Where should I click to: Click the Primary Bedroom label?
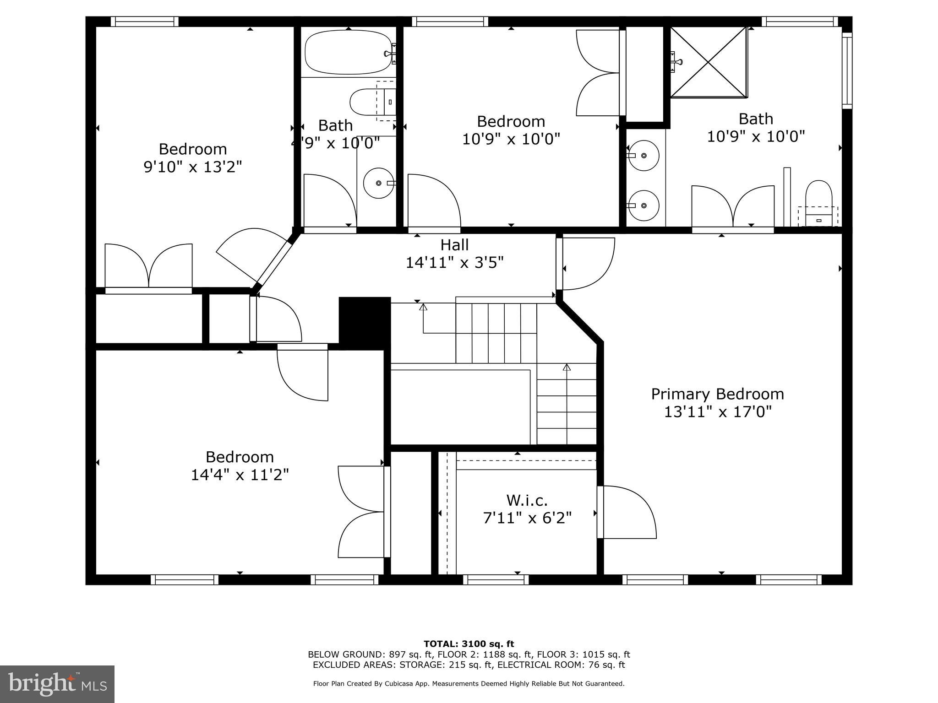pos(717,394)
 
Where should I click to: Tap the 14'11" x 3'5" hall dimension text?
pos(454,263)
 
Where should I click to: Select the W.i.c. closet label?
pos(527,500)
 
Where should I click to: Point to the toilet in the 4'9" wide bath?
pos(369,102)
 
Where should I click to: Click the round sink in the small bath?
pos(379,183)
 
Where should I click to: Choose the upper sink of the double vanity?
pos(643,156)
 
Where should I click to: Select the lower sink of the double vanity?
pos(643,205)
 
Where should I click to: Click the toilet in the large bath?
pos(818,201)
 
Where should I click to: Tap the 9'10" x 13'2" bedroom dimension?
pos(192,167)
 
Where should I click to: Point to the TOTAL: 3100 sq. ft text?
pos(469,644)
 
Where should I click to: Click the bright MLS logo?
pos(57,684)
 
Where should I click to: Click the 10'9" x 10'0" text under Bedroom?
pos(511,139)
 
